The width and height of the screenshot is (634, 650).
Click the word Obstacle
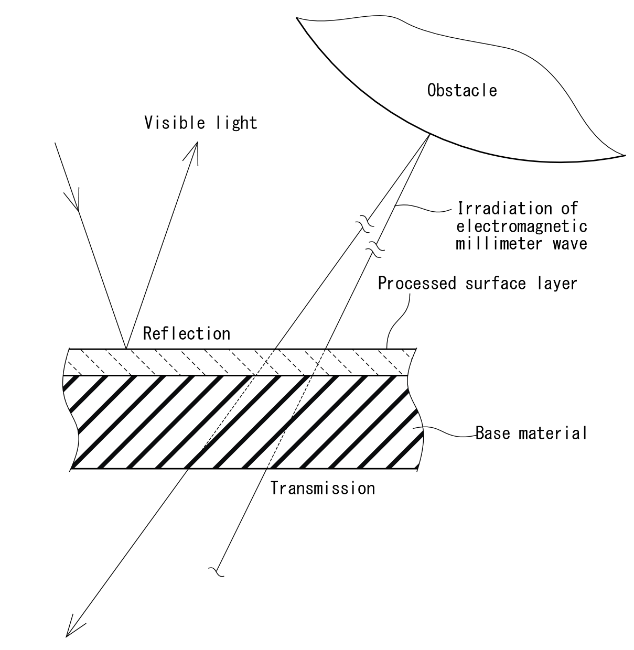click(x=462, y=90)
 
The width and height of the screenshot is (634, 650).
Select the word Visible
click(x=175, y=123)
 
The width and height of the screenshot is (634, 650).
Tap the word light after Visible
click(x=237, y=123)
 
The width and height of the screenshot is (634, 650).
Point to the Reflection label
click(x=187, y=334)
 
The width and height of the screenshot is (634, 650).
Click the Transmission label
click(x=323, y=489)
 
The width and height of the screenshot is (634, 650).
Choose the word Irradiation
click(x=504, y=209)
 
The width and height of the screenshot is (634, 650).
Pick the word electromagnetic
click(x=522, y=226)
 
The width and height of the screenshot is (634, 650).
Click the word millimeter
click(x=499, y=243)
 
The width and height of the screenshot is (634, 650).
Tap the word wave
click(x=570, y=244)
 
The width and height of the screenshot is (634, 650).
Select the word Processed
click(x=417, y=283)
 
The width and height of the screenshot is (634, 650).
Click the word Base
click(x=492, y=433)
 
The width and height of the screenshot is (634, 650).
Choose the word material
click(x=553, y=433)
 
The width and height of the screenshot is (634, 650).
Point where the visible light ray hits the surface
click(x=126, y=349)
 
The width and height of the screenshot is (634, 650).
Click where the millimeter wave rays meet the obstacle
click(x=429, y=134)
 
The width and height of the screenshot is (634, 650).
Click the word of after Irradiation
click(x=570, y=209)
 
